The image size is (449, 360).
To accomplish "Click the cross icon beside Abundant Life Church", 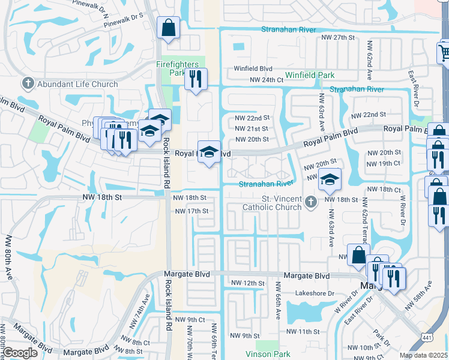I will [x=28, y=83].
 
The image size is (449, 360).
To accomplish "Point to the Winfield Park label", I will [x=309, y=75].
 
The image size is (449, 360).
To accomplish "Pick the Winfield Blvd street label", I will [x=253, y=68].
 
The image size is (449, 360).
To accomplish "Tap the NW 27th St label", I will [x=339, y=37].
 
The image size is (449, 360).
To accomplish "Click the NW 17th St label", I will [x=191, y=211].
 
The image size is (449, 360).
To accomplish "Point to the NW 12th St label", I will [x=248, y=283].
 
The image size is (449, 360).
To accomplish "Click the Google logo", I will [x=20, y=353].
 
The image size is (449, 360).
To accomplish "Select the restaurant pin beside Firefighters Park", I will [x=196, y=79].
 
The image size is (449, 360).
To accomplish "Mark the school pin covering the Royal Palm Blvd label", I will [x=209, y=152].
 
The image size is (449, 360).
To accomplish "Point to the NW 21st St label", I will [x=252, y=128].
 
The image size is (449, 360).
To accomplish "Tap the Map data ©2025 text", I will [x=424, y=355].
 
